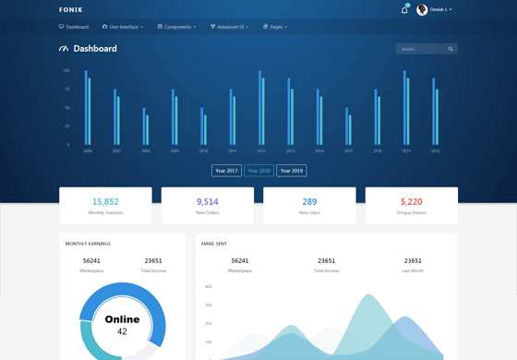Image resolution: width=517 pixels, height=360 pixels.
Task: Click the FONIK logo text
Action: (x=70, y=9)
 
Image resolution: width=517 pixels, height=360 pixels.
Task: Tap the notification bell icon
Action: (x=404, y=10)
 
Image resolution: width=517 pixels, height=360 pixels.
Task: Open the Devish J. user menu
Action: (x=435, y=9)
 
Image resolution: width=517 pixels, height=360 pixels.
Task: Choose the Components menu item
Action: (x=176, y=27)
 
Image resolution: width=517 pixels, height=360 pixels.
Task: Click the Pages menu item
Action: (x=275, y=27)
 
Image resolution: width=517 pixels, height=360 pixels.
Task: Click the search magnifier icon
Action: (x=451, y=49)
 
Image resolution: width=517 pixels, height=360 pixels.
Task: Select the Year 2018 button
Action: (x=258, y=171)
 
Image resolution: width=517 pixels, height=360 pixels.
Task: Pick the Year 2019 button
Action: (x=292, y=171)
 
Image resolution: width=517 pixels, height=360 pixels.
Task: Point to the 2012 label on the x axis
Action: (x=261, y=150)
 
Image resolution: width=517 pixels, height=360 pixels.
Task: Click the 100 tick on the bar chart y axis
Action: (x=66, y=70)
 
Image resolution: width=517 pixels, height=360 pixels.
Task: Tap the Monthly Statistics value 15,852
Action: (x=105, y=201)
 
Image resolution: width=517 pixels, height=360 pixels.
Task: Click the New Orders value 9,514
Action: (x=208, y=201)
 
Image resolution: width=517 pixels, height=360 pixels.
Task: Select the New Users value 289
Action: (x=309, y=201)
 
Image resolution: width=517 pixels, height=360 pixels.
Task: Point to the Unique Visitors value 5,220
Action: (x=412, y=201)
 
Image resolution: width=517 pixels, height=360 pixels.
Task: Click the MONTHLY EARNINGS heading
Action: (x=88, y=244)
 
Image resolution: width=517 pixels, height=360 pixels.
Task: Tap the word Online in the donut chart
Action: (x=122, y=319)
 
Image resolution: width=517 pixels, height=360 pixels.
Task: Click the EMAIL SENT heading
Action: (x=214, y=244)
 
